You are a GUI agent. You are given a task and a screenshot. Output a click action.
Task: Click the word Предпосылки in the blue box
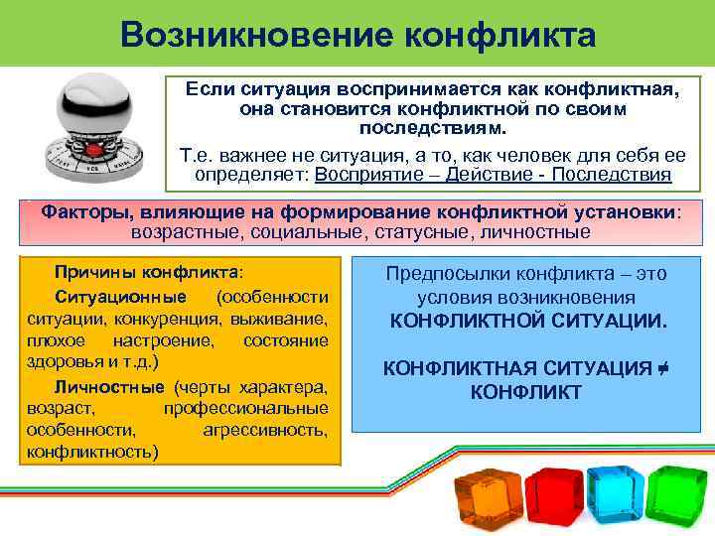[x=438, y=274]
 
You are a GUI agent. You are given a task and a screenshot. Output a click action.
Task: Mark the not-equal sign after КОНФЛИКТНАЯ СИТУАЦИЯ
[x=659, y=369]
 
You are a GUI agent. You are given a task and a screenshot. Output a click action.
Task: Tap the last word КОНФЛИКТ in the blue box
[x=525, y=392]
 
